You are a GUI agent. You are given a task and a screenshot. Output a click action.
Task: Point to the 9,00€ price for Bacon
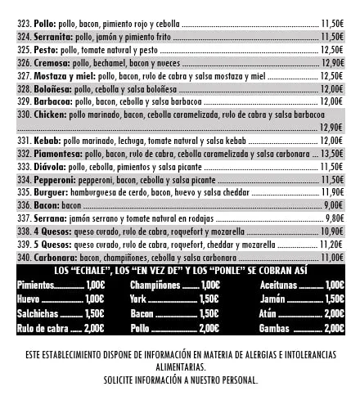pyautogui.click(x=333, y=205)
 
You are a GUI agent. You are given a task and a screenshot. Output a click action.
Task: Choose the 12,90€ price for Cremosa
pyautogui.click(x=331, y=62)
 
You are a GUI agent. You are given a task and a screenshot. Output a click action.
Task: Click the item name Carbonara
pyautogui.click(x=53, y=257)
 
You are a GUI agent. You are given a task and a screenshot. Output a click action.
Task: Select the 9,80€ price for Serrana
pyautogui.click(x=333, y=218)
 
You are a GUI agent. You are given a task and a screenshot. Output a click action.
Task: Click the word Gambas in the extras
pyautogui.click(x=273, y=328)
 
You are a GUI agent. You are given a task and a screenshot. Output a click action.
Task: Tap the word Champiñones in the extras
pyautogui.click(x=155, y=285)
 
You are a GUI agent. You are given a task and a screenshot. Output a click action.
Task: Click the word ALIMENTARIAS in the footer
pyautogui.click(x=180, y=367)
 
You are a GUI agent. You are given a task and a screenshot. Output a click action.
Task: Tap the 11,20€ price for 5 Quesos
pyautogui.click(x=331, y=244)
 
